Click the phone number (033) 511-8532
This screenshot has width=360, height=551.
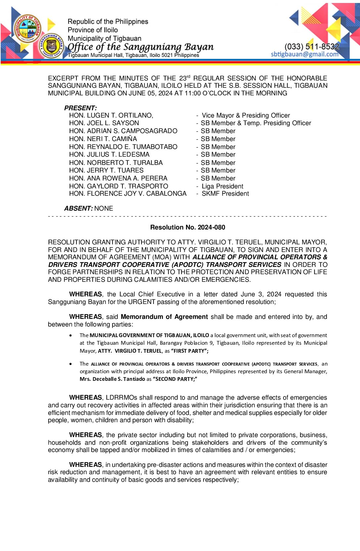click(x=312, y=47)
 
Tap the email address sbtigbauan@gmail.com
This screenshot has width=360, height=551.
click(x=304, y=54)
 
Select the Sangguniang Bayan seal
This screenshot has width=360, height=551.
click(x=52, y=46)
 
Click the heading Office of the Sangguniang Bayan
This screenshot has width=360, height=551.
click(x=141, y=47)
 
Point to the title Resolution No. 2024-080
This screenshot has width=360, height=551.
click(x=188, y=227)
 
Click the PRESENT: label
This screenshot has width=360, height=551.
click(x=80, y=108)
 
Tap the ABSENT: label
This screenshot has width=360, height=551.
click(x=78, y=208)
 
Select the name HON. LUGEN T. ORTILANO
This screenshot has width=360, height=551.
click(x=111, y=116)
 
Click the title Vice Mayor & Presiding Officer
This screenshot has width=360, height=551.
click(x=246, y=116)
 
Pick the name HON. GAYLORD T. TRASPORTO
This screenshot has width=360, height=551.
click(x=118, y=186)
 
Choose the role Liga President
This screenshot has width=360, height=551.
click(x=222, y=186)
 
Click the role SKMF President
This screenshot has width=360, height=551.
click(x=225, y=194)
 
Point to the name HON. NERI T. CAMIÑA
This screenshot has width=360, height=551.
click(x=103, y=139)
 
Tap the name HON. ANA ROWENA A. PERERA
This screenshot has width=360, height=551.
click(x=118, y=178)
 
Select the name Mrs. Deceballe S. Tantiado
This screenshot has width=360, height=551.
click(x=112, y=379)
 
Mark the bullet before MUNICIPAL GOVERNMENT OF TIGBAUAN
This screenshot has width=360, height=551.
click(x=71, y=335)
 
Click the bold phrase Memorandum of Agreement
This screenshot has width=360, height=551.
click(x=164, y=317)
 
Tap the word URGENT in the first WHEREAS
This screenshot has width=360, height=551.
click(x=142, y=302)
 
